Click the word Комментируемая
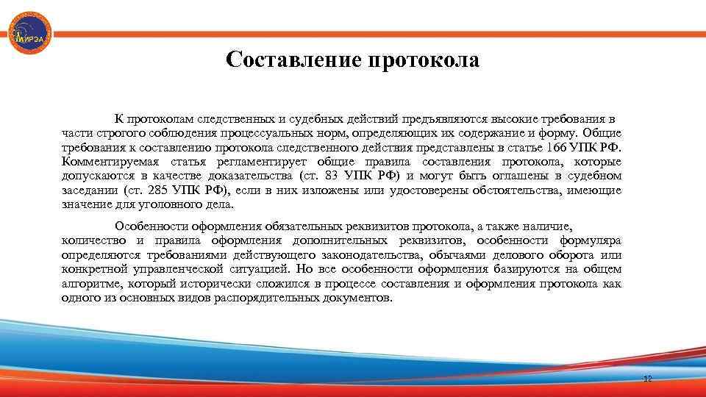(110, 162)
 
